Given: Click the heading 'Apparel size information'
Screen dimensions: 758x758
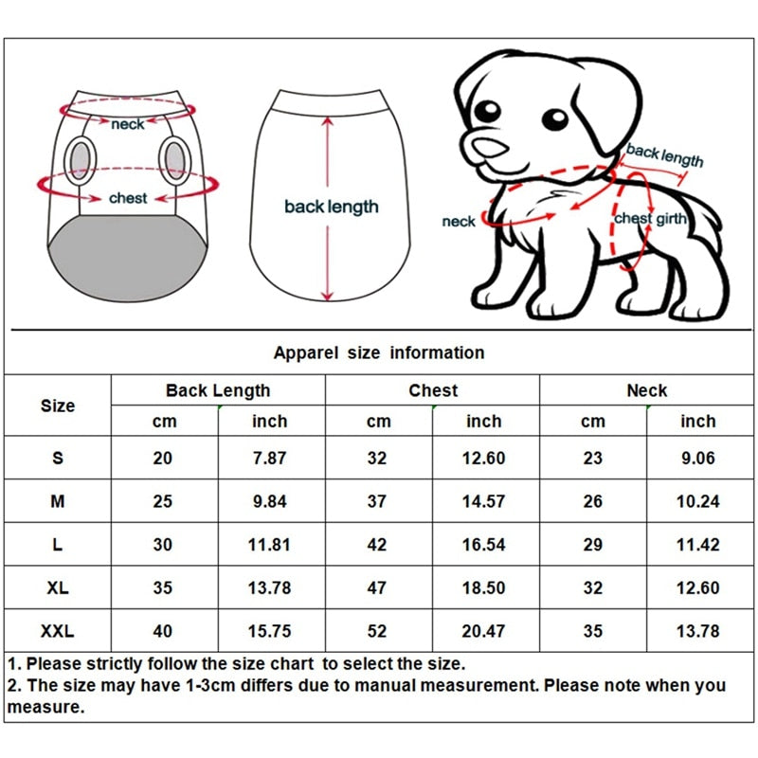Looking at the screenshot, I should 379,352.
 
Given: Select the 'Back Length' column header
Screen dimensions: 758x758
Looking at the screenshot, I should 218,390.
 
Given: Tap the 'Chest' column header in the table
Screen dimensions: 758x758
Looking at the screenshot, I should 433,390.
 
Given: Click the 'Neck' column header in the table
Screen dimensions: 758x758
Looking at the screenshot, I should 647,390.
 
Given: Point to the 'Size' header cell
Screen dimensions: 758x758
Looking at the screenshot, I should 58,406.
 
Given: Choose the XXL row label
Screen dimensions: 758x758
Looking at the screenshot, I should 58,631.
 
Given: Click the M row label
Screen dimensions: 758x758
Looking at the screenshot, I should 58,501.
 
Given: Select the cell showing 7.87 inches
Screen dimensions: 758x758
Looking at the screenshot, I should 269,458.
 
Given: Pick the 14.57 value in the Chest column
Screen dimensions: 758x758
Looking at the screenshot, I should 483,501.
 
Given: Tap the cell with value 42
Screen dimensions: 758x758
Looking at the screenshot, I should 377,545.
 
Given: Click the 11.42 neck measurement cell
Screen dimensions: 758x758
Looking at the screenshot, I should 698,545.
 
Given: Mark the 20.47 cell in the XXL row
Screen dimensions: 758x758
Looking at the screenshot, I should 483,631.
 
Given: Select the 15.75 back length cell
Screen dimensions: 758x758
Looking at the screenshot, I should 269,631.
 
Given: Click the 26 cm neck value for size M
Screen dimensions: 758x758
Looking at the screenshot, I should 592,501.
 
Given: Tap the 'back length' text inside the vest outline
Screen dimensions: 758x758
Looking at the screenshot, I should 331,207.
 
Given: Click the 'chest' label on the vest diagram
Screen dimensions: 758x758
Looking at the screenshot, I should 128,198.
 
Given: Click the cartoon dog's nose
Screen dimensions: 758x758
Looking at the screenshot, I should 489,148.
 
